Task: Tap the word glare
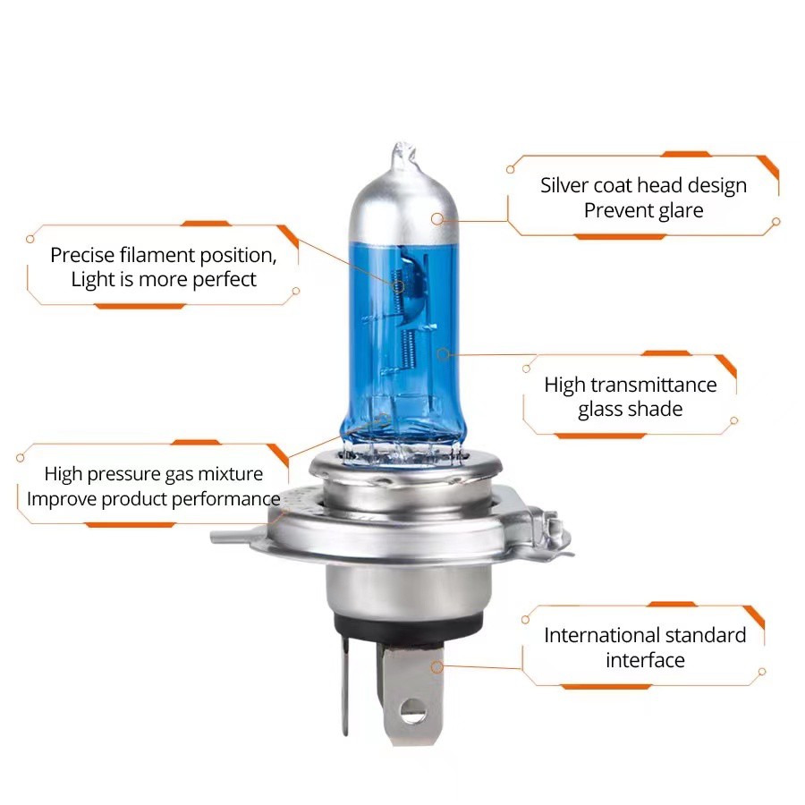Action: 679,211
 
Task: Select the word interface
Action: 645,660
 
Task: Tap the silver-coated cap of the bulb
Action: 403,206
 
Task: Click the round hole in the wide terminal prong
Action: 412,712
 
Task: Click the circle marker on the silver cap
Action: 436,219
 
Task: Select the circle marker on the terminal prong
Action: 436,667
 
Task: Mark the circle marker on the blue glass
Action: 443,353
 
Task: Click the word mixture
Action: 231,473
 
